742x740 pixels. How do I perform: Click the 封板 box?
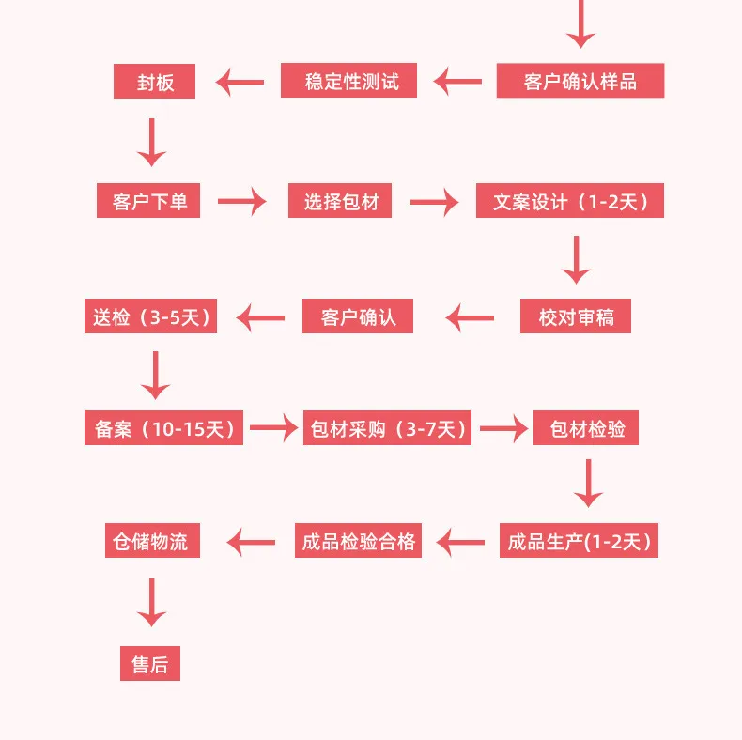154,82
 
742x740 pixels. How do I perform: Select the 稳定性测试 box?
348,81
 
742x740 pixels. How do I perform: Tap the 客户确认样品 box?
580,81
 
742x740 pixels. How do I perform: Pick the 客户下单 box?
148,201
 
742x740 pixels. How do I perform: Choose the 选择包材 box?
340,201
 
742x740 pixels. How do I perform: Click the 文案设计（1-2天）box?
570,201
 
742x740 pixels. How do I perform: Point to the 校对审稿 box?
576,316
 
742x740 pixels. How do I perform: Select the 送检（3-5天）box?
150,316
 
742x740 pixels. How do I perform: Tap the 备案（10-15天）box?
163,427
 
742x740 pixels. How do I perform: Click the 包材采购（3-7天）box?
387,427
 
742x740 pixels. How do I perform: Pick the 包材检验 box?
586,427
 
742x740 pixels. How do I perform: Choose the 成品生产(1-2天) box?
579,540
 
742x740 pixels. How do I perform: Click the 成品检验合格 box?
358,540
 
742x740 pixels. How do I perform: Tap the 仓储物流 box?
152,540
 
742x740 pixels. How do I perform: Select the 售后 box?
150,663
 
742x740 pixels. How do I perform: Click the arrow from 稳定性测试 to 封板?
240,82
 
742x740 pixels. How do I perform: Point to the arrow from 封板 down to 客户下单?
151,143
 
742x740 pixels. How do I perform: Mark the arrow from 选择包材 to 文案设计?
435,202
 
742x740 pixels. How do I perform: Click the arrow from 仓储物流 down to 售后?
151,602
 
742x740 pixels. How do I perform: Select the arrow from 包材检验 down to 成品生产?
588,483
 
